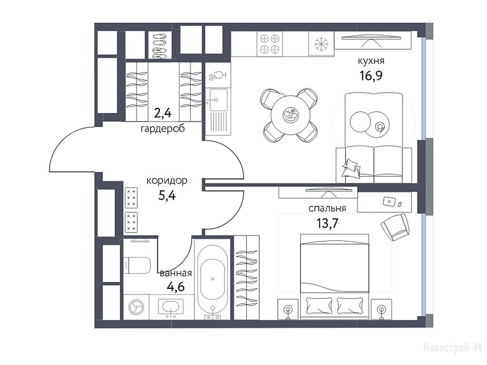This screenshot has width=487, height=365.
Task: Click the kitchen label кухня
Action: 371,61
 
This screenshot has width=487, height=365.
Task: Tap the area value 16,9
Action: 371,75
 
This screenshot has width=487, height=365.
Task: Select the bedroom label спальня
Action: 327,209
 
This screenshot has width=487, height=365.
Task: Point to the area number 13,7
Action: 327,223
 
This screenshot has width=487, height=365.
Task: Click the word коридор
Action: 167,180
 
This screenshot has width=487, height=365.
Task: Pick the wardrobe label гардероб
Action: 163,128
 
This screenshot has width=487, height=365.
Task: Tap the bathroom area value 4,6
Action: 175,287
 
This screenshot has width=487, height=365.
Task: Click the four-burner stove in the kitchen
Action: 270,44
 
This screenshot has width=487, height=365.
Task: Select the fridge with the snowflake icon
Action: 321,44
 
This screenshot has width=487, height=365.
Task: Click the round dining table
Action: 291,115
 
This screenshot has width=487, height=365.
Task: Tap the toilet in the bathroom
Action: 137,265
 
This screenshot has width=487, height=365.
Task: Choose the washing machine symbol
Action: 136,307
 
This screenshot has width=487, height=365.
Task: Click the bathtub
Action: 213,279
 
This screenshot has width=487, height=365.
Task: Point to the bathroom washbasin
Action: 171,307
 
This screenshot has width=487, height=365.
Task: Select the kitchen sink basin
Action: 218,100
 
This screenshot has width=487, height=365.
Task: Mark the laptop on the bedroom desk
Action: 389,201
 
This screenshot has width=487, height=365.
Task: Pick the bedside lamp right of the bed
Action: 381,309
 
